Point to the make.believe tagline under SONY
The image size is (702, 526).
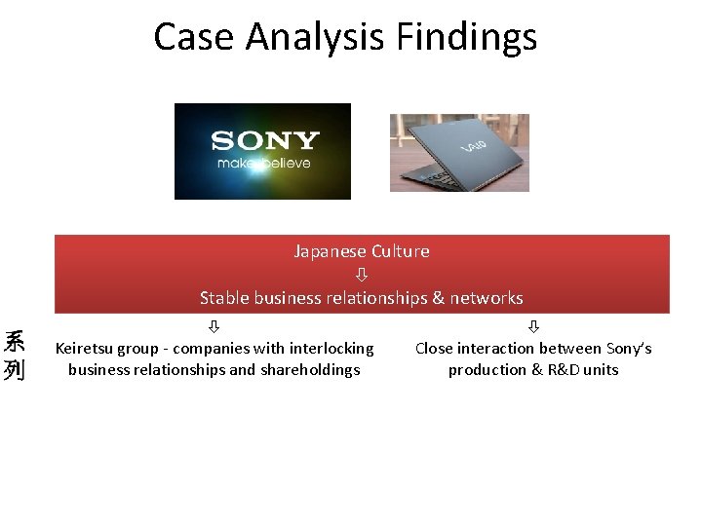point(263,163)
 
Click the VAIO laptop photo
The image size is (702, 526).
point(459,152)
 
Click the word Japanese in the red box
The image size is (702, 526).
point(329,251)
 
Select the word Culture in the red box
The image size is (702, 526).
point(398,251)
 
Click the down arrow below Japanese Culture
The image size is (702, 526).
point(361,275)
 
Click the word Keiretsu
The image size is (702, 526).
point(85,349)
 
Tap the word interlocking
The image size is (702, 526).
point(331,349)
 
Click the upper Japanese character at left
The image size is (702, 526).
point(15,342)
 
